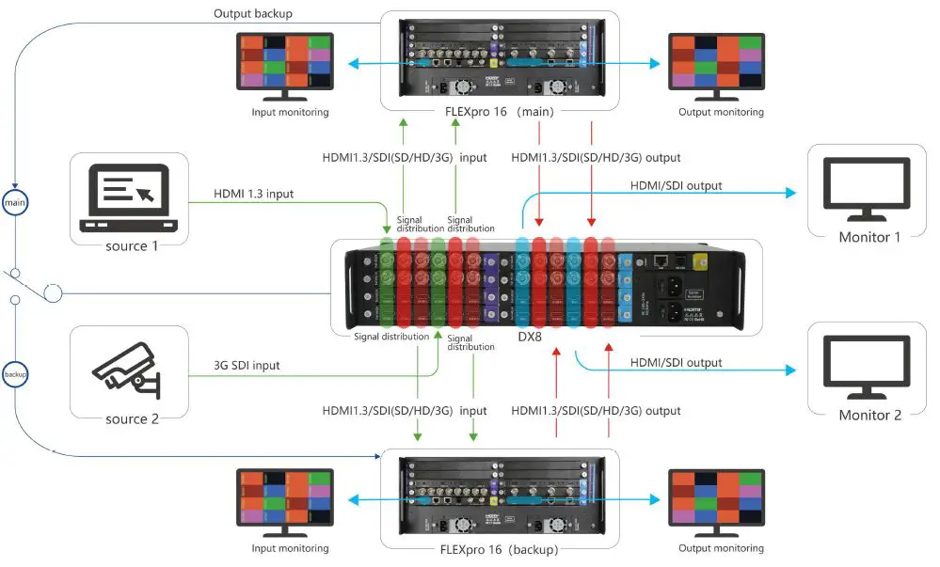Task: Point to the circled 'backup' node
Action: [x=14, y=373]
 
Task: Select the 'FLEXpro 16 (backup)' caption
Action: [x=499, y=549]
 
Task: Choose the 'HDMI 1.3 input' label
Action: [x=254, y=194]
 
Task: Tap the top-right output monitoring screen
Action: [x=716, y=62]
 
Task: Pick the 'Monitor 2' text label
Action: [x=869, y=415]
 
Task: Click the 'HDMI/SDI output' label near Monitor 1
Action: [x=676, y=186]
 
